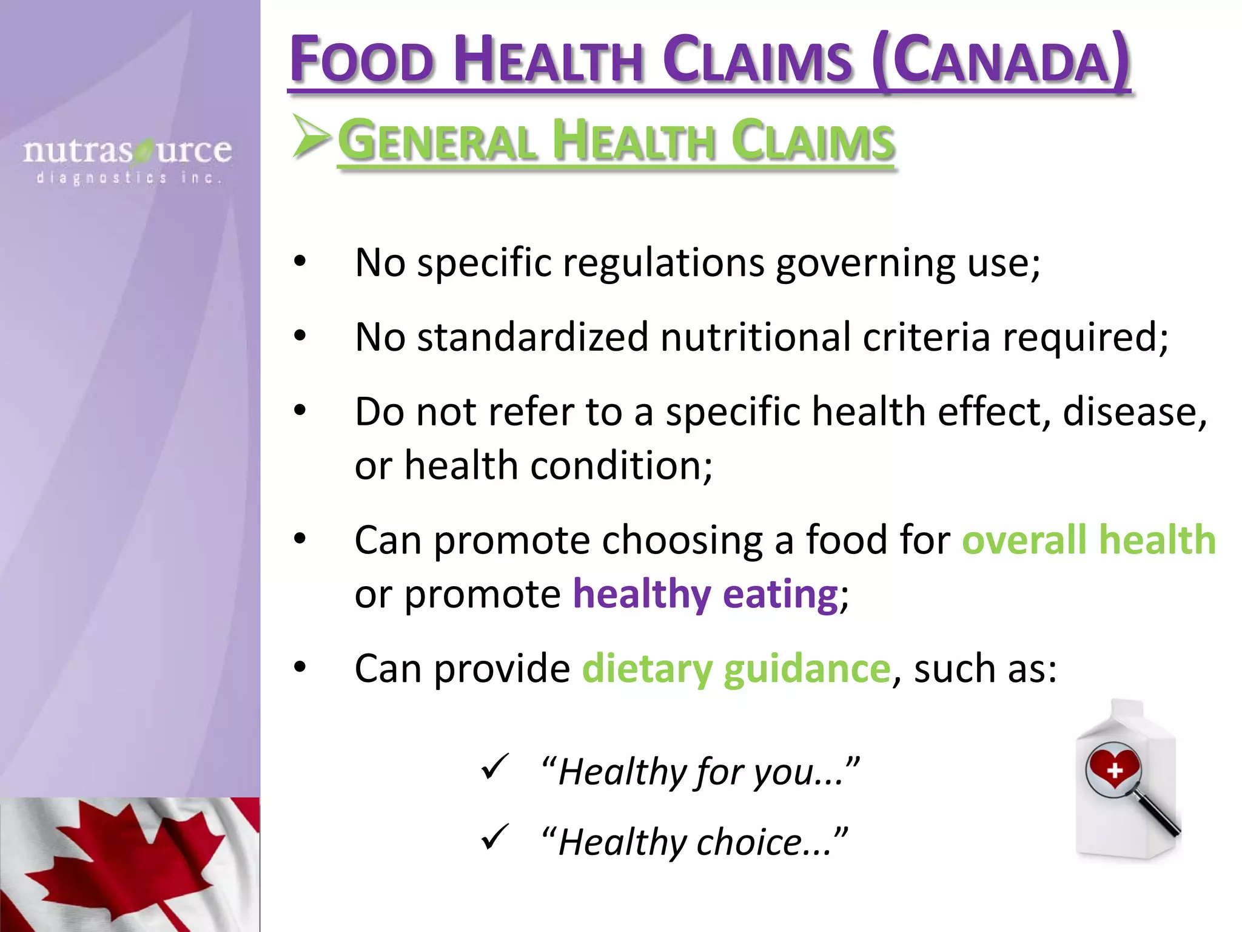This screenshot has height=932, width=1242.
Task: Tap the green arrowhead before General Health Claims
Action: click(x=311, y=137)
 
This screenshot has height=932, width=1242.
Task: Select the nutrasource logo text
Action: click(x=127, y=150)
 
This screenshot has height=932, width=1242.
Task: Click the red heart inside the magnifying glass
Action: click(x=1114, y=768)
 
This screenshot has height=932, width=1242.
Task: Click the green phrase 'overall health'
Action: click(x=1089, y=539)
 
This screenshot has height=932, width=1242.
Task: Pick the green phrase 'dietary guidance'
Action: click(x=736, y=669)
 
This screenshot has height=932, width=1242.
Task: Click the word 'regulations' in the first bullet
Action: click(x=663, y=263)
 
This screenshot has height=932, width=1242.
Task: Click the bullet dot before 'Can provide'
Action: click(x=300, y=667)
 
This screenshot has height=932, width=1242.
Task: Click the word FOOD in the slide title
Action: click(x=362, y=61)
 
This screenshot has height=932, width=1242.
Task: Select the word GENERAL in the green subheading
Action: click(x=437, y=141)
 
